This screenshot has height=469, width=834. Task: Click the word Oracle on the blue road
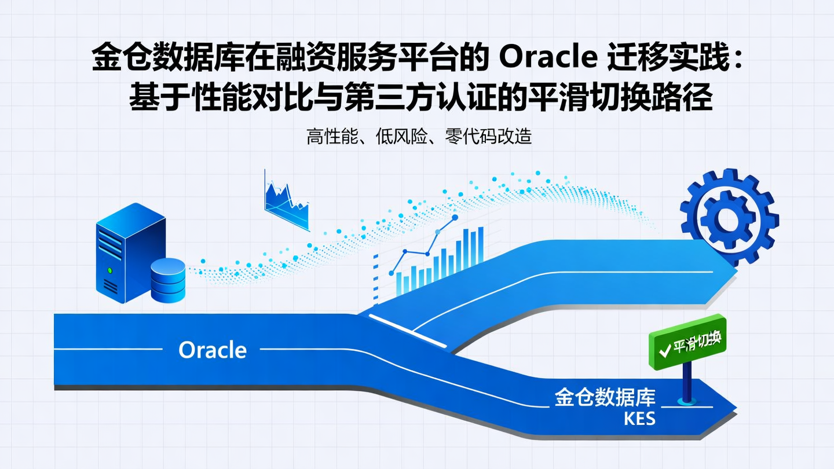(213, 350)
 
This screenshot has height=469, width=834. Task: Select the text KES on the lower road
(639, 418)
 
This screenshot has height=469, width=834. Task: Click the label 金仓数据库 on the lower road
(605, 398)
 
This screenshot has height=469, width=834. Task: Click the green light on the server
(109, 270)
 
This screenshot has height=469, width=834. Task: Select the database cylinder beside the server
(168, 280)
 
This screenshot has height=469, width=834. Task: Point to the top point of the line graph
(455, 218)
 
